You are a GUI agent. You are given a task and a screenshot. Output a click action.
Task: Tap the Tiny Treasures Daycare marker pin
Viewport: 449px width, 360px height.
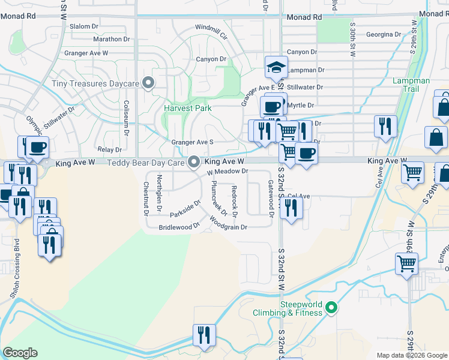coord(148,83)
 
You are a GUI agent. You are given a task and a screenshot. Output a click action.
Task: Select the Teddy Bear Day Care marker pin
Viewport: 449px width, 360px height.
coord(194,162)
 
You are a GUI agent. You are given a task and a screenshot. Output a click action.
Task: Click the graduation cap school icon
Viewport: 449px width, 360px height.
coord(276,67)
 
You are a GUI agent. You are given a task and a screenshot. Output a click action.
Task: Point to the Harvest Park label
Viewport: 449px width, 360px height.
coord(187,109)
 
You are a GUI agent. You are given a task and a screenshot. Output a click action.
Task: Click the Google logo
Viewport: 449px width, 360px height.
coord(20,353)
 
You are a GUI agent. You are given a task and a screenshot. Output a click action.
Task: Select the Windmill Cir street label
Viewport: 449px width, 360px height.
coord(211,32)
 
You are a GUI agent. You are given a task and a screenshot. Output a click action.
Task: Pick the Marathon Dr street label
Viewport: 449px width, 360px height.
coord(112,40)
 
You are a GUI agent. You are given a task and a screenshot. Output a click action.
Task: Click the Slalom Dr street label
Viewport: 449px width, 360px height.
coord(83,26)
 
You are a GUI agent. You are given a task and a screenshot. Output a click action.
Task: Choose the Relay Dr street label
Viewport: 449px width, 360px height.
coord(109,149)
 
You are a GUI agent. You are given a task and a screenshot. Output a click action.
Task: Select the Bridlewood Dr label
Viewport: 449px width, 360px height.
coord(179,227)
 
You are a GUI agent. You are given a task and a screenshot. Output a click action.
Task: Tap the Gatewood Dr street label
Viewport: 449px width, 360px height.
coord(271,199)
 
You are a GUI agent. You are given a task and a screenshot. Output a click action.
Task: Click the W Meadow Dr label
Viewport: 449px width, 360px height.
coord(228,172)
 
